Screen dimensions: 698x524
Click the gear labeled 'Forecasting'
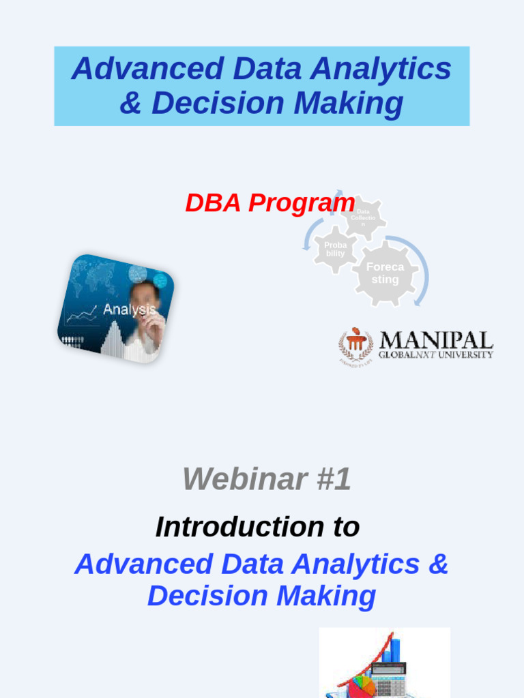point(385,273)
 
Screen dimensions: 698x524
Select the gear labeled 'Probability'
point(335,249)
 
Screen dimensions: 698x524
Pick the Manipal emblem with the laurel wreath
point(355,345)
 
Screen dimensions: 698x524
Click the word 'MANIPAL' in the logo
point(435,340)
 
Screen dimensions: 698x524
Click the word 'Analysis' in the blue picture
point(129,309)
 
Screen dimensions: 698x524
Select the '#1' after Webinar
point(334,479)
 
